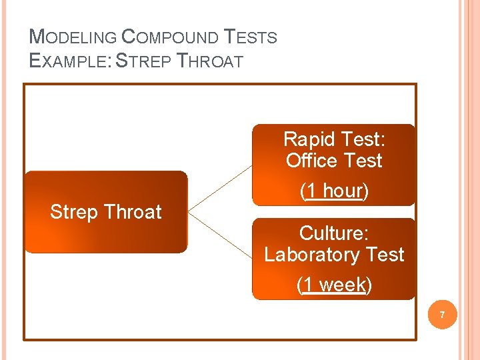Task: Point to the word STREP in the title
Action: click(x=143, y=61)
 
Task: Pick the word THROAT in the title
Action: click(x=210, y=61)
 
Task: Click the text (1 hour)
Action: click(x=334, y=191)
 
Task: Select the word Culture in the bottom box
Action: click(x=333, y=233)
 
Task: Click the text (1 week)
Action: click(x=334, y=285)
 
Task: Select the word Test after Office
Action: click(x=361, y=161)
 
